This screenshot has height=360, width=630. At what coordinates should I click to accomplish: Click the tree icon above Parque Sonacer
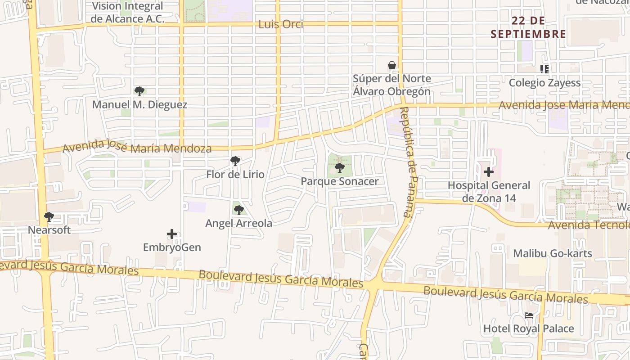pos(340,168)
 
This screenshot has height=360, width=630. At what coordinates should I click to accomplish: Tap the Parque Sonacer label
pos(340,181)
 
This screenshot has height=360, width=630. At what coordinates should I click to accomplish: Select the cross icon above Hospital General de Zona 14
pos(489,172)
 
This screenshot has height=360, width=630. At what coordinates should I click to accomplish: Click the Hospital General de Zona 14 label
pos(489,192)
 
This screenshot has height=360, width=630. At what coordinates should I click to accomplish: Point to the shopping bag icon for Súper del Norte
pos(392,66)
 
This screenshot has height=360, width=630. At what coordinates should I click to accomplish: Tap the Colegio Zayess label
pos(544,83)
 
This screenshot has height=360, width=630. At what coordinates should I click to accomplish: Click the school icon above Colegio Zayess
pos(544,69)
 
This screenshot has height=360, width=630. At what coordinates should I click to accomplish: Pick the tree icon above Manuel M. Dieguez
pos(139,91)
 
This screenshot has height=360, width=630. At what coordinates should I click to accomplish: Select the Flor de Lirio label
pos(235,175)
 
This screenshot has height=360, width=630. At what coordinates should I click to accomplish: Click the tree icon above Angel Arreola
pos(239,210)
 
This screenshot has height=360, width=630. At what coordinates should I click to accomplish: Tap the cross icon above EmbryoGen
pos(172,234)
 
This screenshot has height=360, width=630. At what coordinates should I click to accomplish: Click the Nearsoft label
pos(49,230)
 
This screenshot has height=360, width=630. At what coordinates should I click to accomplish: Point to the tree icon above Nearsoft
pos(49,217)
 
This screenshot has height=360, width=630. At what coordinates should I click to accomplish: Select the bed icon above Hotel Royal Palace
pos(529,315)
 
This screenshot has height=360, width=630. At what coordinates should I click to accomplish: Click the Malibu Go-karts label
pos(553,253)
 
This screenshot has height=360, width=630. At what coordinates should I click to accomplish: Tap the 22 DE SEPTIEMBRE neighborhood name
pos(528,27)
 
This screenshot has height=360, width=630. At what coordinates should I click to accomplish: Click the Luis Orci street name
pos(281,24)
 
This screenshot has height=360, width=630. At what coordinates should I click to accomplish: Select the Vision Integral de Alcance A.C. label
pos(127,13)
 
